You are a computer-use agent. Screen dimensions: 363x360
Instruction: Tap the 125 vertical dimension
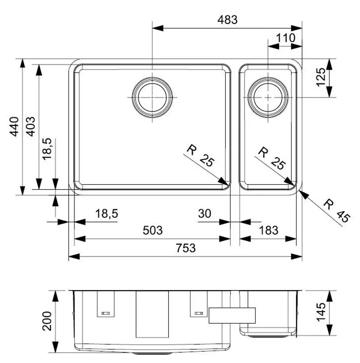[x=321, y=77]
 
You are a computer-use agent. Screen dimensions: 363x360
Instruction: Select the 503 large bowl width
[x=152, y=230]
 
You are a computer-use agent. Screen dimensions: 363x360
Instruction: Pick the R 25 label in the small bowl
[x=272, y=158]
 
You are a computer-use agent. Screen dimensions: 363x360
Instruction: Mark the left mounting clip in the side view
[x=106, y=304]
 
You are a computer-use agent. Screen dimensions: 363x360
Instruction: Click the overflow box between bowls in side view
[x=232, y=315]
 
